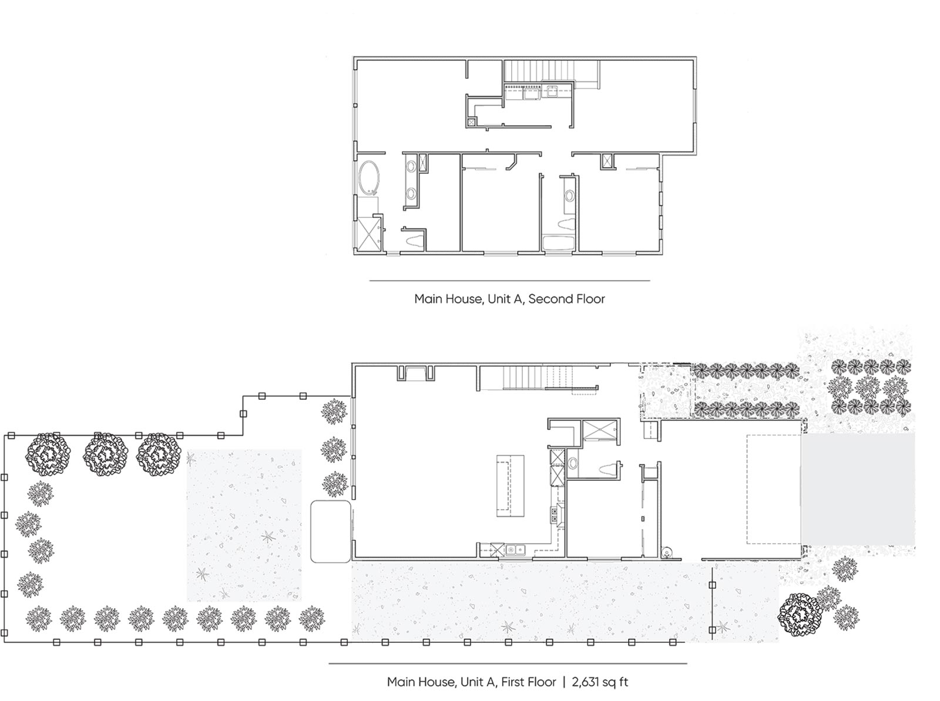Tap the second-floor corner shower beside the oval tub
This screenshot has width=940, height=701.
(368, 233)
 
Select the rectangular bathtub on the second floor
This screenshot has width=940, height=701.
(558, 242)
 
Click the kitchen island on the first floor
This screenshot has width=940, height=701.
(510, 486)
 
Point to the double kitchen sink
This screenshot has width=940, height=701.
(515, 550)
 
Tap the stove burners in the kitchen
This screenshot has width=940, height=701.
(555, 514)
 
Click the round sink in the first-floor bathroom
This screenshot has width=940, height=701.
(573, 463)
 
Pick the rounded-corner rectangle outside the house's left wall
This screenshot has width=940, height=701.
(331, 531)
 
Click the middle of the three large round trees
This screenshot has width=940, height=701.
(105, 454)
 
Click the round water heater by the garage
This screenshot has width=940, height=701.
(666, 552)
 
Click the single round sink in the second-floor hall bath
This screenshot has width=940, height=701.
(569, 196)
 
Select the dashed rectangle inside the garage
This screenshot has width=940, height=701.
(774, 489)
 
